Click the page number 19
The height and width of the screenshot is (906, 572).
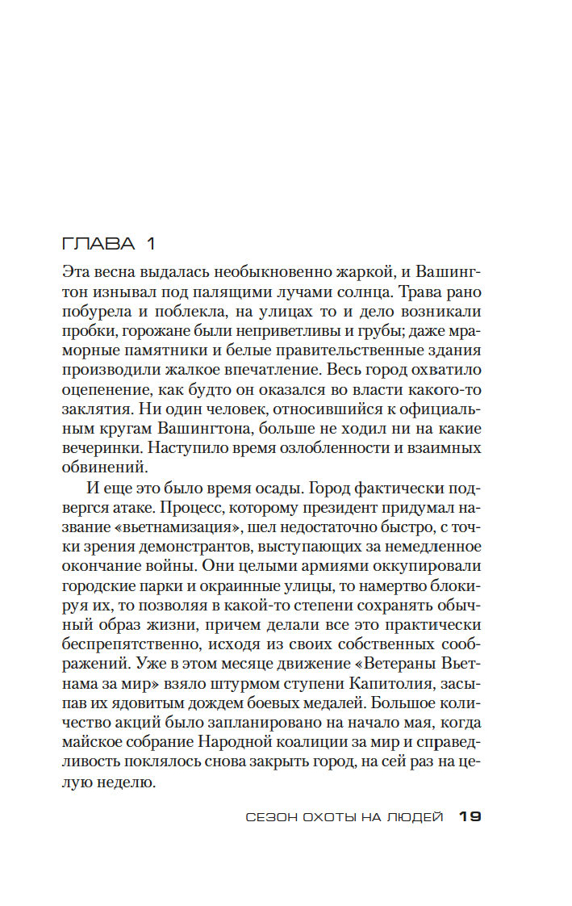470,817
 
